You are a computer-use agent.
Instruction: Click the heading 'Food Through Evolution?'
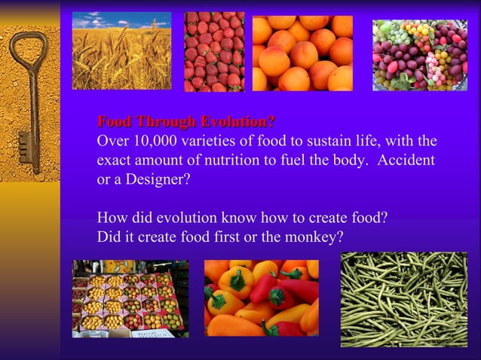(x=185, y=121)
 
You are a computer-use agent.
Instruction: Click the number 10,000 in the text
(x=154, y=141)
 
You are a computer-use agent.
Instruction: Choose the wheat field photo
(x=121, y=50)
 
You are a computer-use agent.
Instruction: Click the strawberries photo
(x=214, y=51)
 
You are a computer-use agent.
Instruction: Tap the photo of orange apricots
(x=302, y=53)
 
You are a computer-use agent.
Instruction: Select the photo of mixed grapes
(x=419, y=55)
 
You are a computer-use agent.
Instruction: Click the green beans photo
(x=404, y=298)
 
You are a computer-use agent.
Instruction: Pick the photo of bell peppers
(x=261, y=297)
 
